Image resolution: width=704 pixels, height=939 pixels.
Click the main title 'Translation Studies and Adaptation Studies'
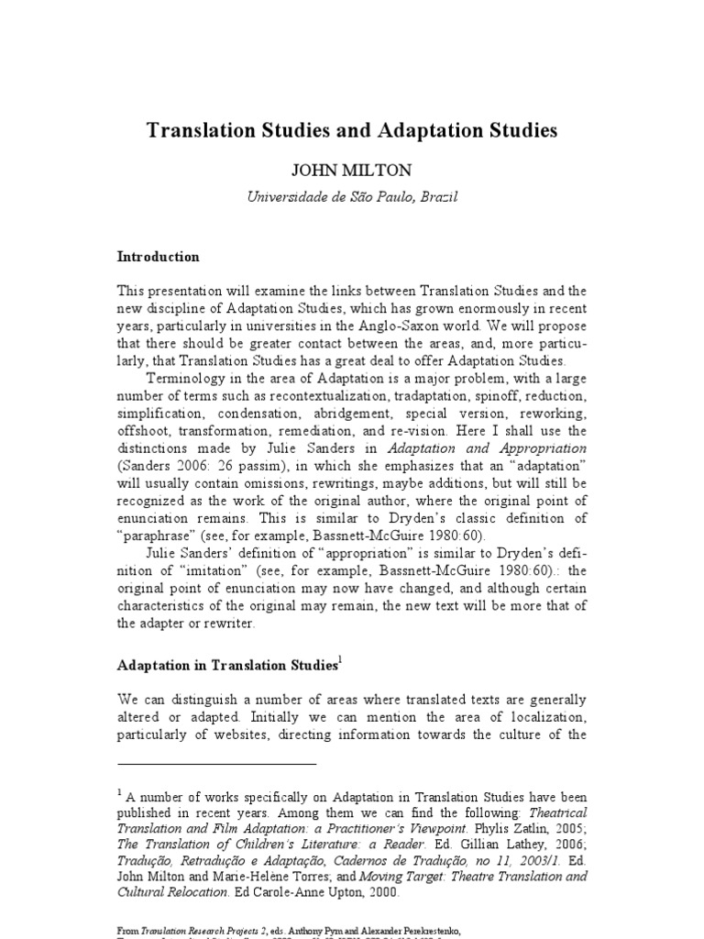(352, 131)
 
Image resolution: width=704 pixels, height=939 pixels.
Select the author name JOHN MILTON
(352, 171)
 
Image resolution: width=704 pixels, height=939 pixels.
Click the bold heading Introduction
(159, 257)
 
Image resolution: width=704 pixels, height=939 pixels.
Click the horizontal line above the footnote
(216, 764)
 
